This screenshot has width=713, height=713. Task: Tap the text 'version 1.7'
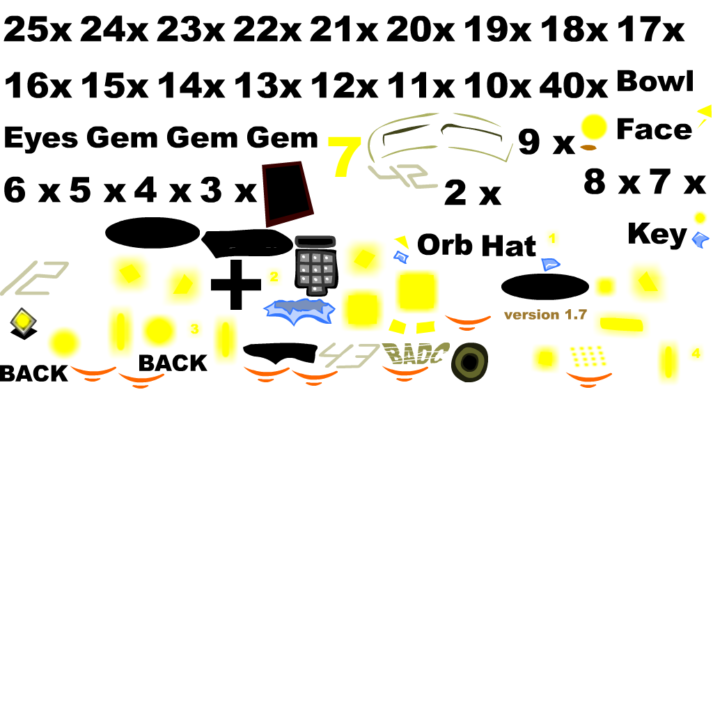[x=545, y=315]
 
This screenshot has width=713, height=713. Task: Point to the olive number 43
[x=349, y=354]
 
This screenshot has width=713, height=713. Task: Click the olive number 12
[x=36, y=278]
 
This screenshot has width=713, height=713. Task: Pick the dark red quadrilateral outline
[x=286, y=194]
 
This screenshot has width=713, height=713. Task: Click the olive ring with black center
[x=470, y=362]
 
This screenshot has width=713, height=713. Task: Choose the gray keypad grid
[x=316, y=270]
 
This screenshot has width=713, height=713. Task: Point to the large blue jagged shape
[x=298, y=311]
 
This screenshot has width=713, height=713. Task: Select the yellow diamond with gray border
[x=23, y=320]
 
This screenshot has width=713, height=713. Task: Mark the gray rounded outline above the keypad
[x=315, y=242]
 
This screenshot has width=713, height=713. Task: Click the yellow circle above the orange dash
[x=594, y=127]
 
